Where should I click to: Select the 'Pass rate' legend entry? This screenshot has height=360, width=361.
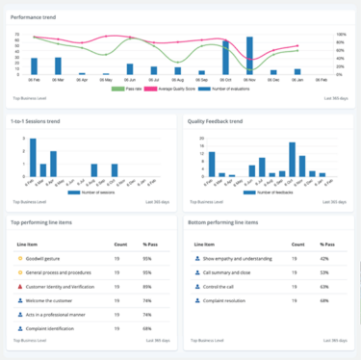pyautogui.click(x=128, y=88)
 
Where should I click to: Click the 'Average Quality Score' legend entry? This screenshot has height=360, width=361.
pyautogui.click(x=177, y=88)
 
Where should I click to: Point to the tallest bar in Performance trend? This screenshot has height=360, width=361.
pyautogui.click(x=249, y=56)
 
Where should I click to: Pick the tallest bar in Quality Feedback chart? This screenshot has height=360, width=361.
pyautogui.click(x=292, y=158)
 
